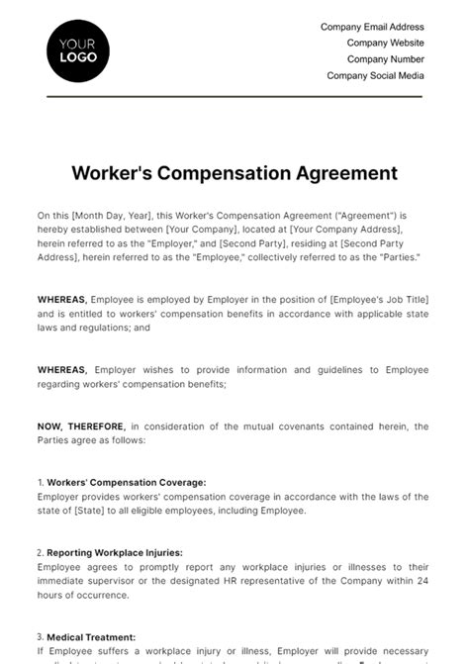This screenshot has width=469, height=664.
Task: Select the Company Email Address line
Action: pyautogui.click(x=372, y=27)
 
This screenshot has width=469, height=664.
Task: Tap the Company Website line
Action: pyautogui.click(x=385, y=43)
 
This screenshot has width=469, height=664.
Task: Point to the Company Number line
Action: pyautogui.click(x=385, y=58)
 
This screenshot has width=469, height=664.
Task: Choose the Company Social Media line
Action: pyautogui.click(x=375, y=75)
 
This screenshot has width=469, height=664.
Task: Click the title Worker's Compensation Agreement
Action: pyautogui.click(x=234, y=173)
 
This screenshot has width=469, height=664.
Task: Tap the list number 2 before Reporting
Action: pyautogui.click(x=40, y=552)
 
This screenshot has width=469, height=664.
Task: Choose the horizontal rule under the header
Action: pyautogui.click(x=234, y=96)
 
